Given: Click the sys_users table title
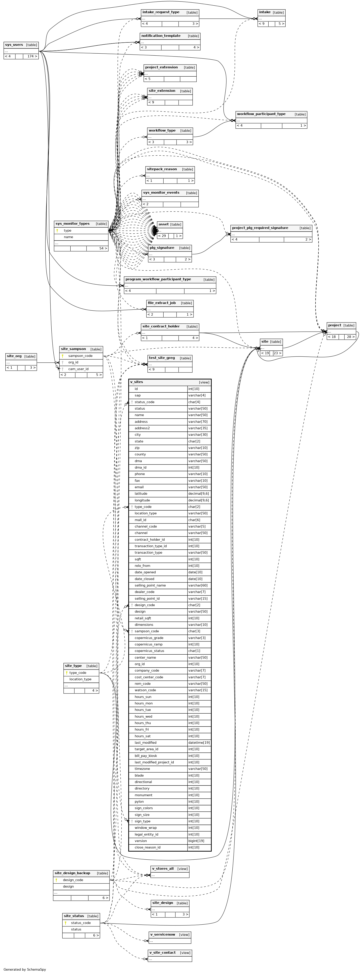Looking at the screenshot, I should [14, 45].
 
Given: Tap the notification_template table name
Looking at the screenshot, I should [161, 36].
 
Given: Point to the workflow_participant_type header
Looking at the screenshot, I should [261, 114].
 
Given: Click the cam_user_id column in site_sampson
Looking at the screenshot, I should [78, 369].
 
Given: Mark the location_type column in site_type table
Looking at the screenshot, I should [80, 679].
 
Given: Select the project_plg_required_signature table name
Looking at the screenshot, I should [260, 228].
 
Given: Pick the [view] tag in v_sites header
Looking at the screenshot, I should [204, 383].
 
